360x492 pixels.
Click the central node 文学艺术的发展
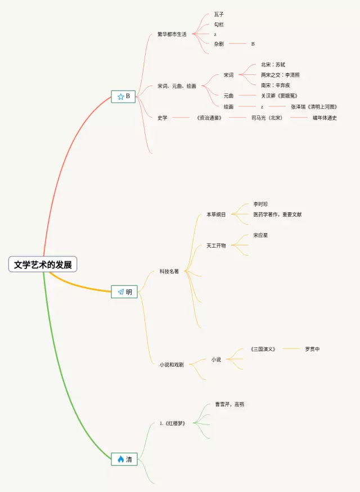tap(43, 265)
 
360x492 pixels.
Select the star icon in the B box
tap(120, 97)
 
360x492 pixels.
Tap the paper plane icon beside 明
tap(120, 292)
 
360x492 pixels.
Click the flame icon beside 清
tap(120, 459)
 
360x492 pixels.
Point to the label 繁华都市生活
tap(172, 34)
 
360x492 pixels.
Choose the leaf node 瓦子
tap(219, 14)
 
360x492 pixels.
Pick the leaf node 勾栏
tap(219, 24)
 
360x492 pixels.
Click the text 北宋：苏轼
tap(273, 65)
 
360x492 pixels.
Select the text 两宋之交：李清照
tap(280, 75)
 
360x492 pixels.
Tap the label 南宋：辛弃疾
tap(276, 85)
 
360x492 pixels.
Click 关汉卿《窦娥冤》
tap(279, 96)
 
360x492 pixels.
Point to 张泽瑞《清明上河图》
tap(314, 106)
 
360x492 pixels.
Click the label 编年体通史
tap(325, 118)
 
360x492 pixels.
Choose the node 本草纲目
tap(216, 214)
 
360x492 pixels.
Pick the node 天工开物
tap(216, 245)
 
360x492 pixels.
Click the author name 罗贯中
tap(312, 349)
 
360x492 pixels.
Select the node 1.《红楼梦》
tap(172, 423)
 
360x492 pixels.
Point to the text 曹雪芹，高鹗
tap(229, 404)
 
